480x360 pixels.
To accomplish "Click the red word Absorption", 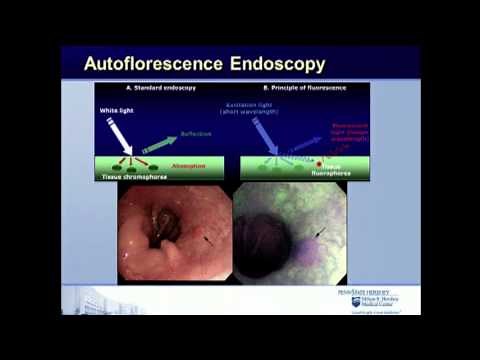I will point(187,166).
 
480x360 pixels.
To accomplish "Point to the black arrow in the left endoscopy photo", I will point(208,239).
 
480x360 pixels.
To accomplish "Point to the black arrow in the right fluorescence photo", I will point(321,234).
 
